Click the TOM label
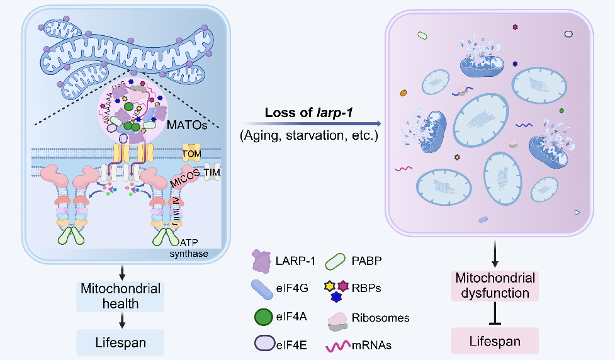(191, 154)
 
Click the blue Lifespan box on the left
(121, 344)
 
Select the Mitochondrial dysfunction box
(495, 285)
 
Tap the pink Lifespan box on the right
(496, 342)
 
